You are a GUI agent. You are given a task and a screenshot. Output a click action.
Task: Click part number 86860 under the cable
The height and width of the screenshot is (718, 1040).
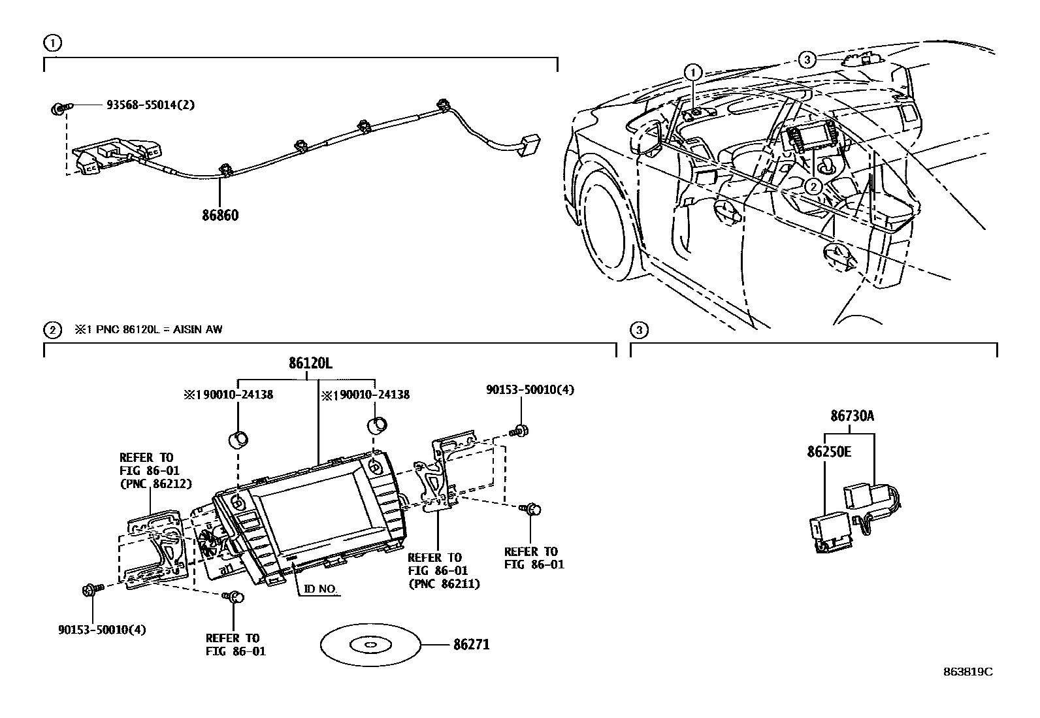tap(220, 214)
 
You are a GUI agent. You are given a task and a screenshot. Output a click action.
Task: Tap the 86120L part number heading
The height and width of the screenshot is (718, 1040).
tap(310, 364)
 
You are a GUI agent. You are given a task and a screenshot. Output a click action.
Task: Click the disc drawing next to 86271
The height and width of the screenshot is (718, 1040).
tap(370, 645)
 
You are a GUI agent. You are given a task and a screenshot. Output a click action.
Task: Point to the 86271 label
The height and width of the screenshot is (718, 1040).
tap(471, 645)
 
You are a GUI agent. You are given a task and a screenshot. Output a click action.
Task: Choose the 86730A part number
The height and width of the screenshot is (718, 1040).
tap(852, 416)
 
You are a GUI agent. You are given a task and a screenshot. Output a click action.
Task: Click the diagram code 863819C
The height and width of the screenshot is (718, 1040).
tap(967, 672)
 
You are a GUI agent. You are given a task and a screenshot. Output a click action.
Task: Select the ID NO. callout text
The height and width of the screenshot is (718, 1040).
tap(320, 589)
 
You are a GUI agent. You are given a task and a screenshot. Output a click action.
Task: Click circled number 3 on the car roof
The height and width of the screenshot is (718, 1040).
tap(807, 60)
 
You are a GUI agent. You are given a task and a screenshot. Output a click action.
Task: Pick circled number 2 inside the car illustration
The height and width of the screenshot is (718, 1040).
tap(813, 187)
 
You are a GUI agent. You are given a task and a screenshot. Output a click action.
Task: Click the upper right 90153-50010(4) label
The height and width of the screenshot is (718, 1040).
tap(530, 389)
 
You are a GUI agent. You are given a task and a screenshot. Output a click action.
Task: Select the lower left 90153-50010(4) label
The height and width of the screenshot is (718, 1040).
tap(101, 630)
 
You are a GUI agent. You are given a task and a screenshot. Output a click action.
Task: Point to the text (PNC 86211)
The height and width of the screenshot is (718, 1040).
tap(444, 584)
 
